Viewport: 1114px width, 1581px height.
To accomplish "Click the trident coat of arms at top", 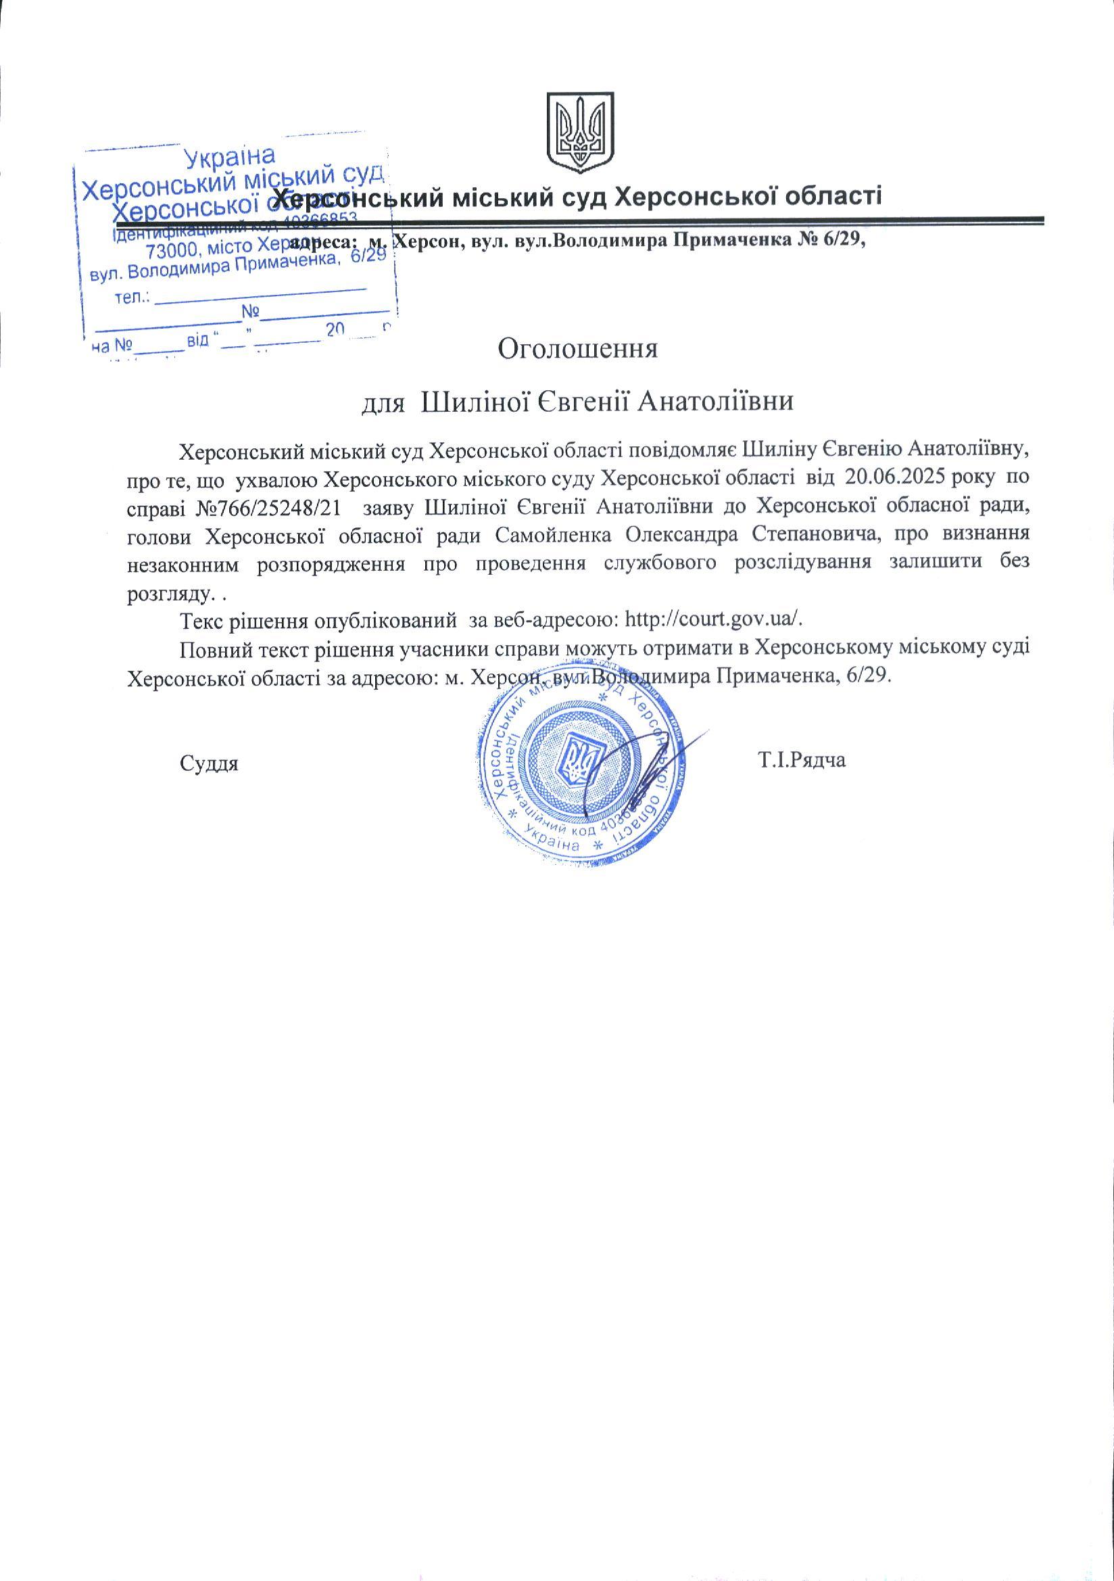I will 580,133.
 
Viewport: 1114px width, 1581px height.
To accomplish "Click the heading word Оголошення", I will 578,348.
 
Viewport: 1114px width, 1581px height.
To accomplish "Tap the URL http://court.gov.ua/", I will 712,619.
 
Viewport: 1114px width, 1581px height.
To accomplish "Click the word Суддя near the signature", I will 209,763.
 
